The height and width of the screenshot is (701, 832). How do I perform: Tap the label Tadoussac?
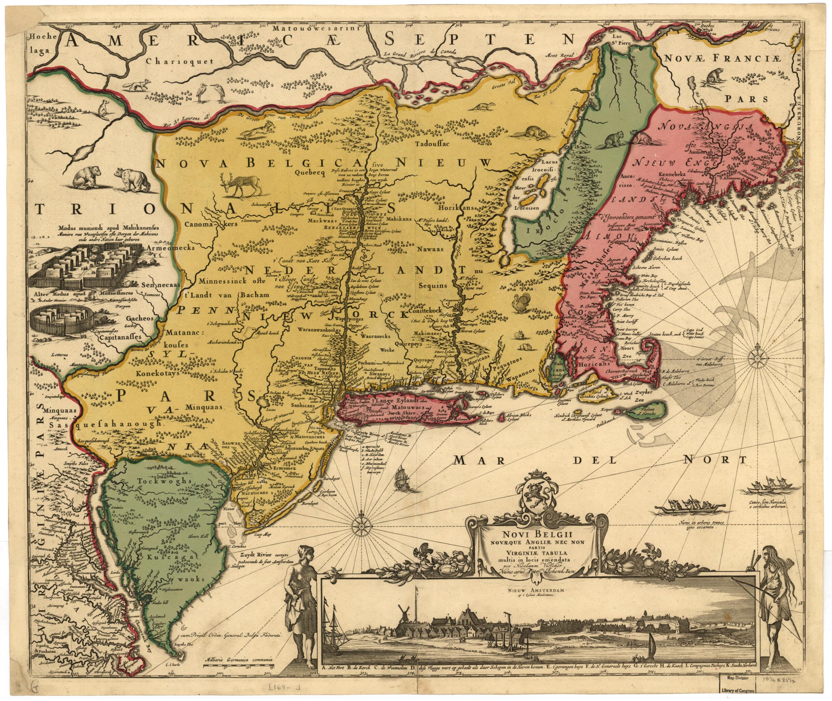pyautogui.click(x=431, y=144)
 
